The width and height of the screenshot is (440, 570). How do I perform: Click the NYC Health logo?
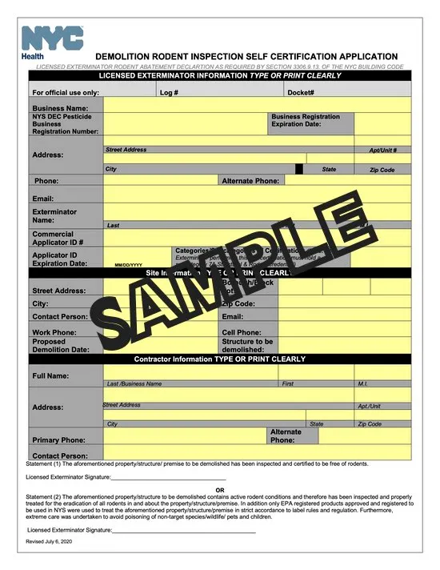pos(53,41)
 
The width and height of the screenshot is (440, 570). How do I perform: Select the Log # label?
pos(169,93)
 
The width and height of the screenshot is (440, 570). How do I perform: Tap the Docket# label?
pos(300,93)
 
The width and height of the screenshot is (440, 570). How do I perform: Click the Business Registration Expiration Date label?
pos(305,121)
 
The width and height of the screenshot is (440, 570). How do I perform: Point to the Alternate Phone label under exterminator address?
pos(250,181)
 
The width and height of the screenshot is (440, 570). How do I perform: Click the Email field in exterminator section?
pos(257,198)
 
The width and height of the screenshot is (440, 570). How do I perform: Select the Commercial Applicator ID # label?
pos(58,238)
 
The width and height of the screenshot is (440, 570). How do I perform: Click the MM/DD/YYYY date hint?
pos(128,265)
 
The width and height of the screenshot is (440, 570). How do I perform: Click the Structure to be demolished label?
pos(247,345)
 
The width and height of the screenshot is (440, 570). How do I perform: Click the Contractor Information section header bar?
pos(219,359)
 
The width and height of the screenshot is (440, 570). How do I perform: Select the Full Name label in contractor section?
pos(50,375)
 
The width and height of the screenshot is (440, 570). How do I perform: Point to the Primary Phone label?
pos(58,440)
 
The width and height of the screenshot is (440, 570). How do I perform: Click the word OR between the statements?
pos(220,491)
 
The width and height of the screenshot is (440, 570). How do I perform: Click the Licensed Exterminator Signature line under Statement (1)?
pos(168,477)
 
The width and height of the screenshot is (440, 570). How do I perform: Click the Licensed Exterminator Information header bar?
pos(219,76)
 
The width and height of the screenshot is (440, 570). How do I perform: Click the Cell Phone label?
pos(241,331)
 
